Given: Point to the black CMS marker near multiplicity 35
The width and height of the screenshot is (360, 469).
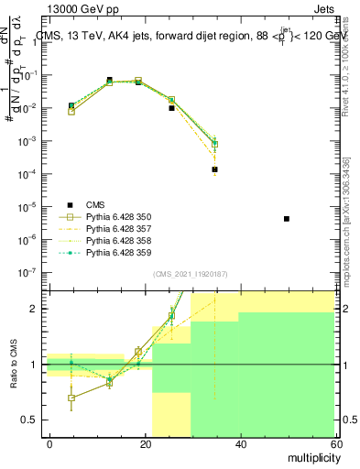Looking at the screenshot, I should click(x=215, y=169).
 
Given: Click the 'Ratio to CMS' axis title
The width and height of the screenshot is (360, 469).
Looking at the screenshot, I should click(x=13, y=365).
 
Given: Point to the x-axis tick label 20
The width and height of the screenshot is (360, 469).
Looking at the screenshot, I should click(x=146, y=443).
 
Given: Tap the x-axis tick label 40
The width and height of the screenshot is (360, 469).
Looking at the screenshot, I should click(x=241, y=443).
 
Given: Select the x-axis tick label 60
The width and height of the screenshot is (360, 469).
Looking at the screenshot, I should click(x=335, y=443).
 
